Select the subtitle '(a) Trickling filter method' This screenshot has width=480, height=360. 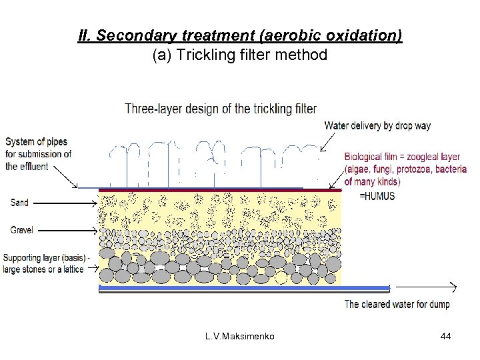point(240,55)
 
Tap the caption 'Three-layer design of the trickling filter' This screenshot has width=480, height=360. point(221,109)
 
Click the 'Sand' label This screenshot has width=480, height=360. point(19,202)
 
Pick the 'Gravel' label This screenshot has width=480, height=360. point(21,230)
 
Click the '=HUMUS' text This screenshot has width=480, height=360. point(377,196)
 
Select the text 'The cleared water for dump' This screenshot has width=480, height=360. point(397,305)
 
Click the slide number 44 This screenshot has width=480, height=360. point(446,337)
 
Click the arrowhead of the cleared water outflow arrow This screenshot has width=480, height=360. point(453,288)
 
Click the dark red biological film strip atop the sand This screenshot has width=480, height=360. point(220,190)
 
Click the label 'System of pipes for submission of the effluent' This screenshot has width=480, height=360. point(38,154)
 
